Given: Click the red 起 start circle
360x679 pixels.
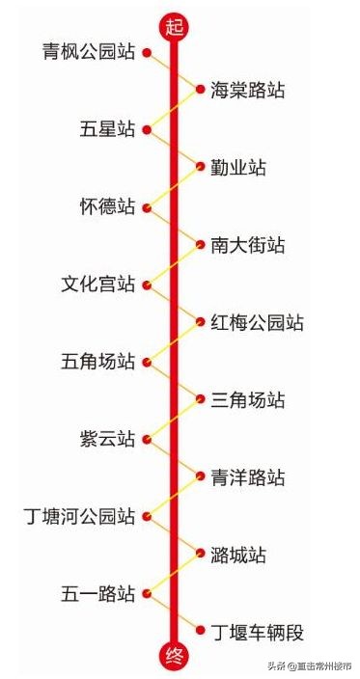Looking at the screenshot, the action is click(174, 26).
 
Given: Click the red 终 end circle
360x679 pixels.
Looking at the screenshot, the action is click(174, 657).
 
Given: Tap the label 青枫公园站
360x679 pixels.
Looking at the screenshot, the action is click(89, 51).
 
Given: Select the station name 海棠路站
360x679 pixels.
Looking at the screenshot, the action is click(248, 91).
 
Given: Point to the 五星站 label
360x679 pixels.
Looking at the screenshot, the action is click(108, 129).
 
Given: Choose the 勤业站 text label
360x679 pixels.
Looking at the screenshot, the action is click(238, 168).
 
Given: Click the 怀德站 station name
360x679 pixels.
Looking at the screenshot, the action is click(108, 206).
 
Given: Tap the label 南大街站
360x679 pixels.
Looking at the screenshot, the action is click(248, 245).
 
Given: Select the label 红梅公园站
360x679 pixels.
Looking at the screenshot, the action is click(258, 322).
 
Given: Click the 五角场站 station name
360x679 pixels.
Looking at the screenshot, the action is click(98, 362).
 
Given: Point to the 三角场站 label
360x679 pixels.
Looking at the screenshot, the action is click(248, 400).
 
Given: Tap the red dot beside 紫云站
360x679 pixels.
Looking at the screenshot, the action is click(147, 439).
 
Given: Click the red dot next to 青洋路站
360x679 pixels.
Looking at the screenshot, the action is click(200, 477).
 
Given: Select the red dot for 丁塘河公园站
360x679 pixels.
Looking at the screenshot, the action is click(147, 517).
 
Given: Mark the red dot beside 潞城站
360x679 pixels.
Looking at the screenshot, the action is click(200, 556).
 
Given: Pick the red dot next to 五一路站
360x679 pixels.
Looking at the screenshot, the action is click(147, 594).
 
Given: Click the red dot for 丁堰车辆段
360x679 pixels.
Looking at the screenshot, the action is click(200, 633).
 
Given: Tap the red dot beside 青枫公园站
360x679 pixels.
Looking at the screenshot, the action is click(147, 52).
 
